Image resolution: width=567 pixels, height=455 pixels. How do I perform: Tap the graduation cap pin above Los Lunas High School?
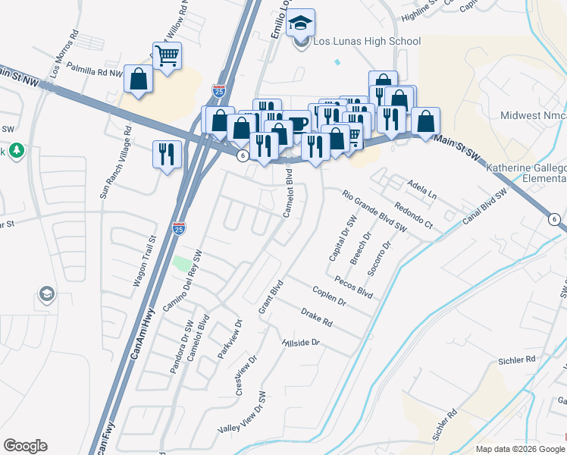point(301,24)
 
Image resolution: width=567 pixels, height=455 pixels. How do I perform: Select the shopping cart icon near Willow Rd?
point(166,55)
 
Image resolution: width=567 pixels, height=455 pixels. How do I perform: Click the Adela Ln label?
point(422,188)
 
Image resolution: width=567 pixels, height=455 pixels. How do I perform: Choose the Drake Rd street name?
point(316,317)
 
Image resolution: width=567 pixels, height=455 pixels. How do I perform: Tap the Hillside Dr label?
point(301,343)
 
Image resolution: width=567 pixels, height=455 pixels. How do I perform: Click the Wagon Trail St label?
point(143,260)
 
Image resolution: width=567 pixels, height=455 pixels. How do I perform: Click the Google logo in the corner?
point(25,446)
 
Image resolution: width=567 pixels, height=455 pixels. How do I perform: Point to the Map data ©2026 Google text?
point(519,449)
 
